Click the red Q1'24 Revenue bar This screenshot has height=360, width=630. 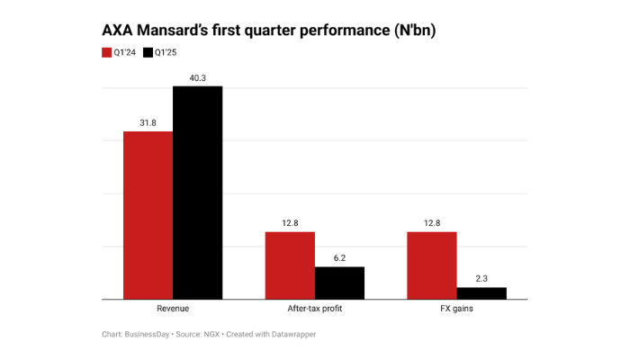click(x=148, y=215)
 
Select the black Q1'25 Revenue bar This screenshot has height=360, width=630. click(x=197, y=193)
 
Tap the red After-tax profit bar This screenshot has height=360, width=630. click(x=290, y=265)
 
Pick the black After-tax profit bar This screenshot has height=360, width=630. click(x=339, y=283)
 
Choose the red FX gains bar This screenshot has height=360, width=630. click(x=431, y=265)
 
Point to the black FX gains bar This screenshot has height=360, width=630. click(x=481, y=292)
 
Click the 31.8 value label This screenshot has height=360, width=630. click(x=148, y=122)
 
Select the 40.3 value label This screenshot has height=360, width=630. click(x=197, y=77)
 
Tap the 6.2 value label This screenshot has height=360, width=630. click(x=339, y=258)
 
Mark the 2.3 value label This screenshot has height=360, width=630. click(x=481, y=278)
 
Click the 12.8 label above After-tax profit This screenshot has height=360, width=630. click(x=290, y=223)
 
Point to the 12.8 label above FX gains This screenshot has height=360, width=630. click(x=431, y=223)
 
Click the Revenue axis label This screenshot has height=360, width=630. click(x=173, y=309)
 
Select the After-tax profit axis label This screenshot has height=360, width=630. click(x=314, y=309)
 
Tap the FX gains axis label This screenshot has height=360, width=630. click(x=456, y=309)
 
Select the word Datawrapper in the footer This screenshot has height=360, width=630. click(x=290, y=335)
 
